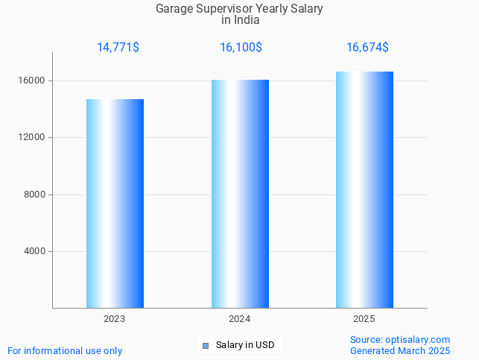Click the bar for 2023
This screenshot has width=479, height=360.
coord(115,203)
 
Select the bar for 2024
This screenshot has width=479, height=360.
coord(240,194)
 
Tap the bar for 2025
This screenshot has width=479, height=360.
coord(364,189)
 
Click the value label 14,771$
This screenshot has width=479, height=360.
coord(118,48)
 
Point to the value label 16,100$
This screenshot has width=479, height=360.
coord(241,48)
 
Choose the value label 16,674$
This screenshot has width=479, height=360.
coord(367,48)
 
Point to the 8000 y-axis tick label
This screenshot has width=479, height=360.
coord(34,195)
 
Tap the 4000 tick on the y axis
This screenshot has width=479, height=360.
coord(34,252)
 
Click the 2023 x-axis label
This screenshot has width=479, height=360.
coord(115,319)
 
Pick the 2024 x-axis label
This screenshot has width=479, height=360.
coord(240,319)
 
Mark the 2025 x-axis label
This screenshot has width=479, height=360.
coord(364,319)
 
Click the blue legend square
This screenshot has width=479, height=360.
coord(206,345)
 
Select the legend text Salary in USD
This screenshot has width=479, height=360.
coord(245,345)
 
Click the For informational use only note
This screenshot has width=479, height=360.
coord(65,350)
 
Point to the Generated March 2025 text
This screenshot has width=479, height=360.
coord(400,350)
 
